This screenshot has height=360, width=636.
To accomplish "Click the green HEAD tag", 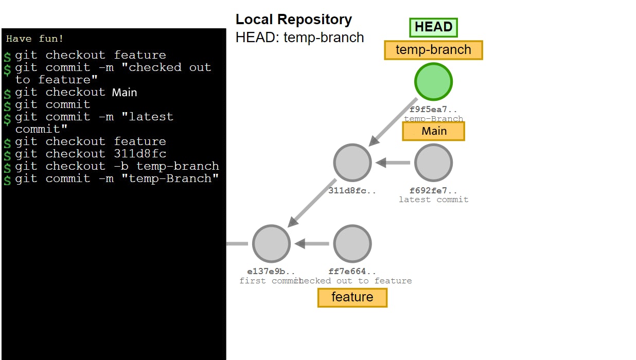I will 433,27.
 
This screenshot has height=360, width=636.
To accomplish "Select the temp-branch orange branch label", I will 433,50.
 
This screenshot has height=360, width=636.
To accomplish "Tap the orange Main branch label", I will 433,131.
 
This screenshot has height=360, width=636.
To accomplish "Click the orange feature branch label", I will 352,297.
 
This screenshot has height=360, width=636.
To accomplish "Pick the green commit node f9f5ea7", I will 433,82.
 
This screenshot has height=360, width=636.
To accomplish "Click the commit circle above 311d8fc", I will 352,163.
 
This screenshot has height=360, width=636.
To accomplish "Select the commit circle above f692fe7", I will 433,163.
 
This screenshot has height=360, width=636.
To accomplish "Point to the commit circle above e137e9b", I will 271,243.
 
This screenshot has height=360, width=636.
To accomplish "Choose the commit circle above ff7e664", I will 352,243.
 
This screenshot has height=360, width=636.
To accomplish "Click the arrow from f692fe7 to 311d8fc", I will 393,163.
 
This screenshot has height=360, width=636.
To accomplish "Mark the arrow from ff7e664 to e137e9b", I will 312,243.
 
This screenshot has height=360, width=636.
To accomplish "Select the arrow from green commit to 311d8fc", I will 394,122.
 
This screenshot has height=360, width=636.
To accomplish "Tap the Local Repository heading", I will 294,20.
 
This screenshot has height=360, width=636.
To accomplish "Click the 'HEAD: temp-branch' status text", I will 300,38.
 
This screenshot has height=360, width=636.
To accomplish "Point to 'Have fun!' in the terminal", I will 35,39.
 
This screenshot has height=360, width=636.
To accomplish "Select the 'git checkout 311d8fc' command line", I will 91,154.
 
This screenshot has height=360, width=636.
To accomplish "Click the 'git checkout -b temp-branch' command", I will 117,166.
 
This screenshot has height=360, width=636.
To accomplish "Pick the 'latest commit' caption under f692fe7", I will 433,200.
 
